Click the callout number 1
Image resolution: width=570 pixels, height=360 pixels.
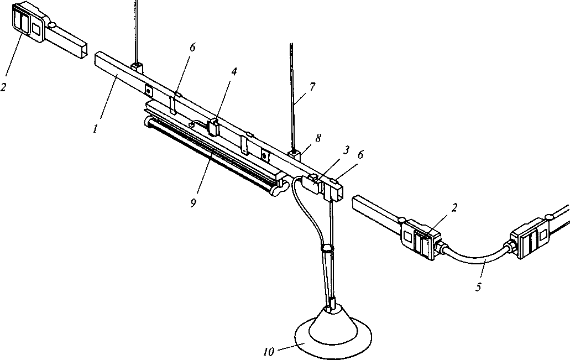click(95, 129)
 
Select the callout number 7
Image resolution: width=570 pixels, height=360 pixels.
click(312, 87)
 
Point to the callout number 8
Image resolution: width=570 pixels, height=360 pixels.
click(318, 138)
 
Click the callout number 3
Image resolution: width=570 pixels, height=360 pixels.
click(347, 150)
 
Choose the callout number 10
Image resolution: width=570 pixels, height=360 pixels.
click(269, 352)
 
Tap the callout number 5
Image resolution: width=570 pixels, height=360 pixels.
click(478, 287)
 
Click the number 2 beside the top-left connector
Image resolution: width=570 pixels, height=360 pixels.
click(3, 87)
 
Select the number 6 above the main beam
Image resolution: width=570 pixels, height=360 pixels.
click(192, 48)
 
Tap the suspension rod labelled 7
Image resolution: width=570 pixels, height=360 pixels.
click(292, 97)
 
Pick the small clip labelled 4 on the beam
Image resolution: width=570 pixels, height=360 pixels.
click(212, 127)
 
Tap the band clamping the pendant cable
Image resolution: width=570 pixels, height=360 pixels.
click(327, 249)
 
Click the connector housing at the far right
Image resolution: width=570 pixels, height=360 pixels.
click(531, 238)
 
